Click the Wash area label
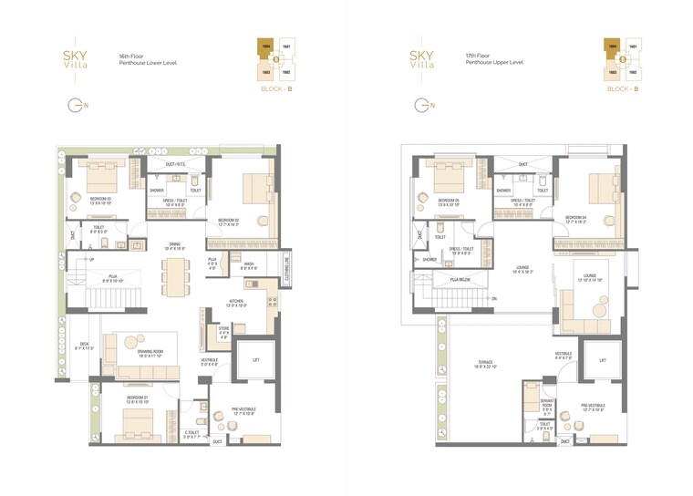coord(249,265)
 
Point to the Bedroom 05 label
coord(447,201)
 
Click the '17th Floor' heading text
coord(478,56)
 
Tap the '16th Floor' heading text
coord(133,56)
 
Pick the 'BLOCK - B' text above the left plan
coord(275,89)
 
